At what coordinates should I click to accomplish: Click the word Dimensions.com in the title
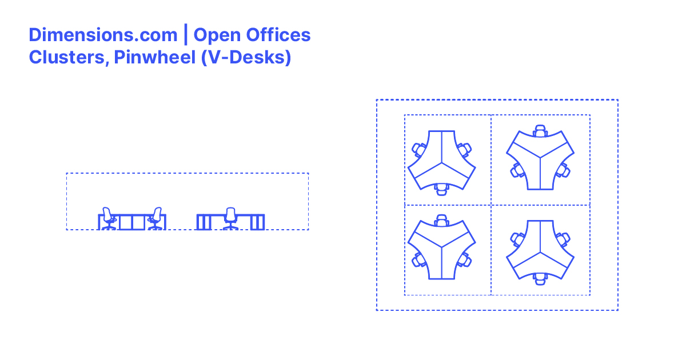tap(103, 35)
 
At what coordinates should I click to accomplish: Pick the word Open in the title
tap(217, 35)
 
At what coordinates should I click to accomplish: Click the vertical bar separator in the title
tap(185, 35)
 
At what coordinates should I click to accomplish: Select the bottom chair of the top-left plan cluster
tap(441, 189)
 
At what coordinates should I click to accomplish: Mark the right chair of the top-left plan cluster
tap(464, 150)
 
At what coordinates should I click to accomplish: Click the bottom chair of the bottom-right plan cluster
tap(540, 278)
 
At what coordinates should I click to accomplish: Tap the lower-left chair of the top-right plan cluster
tap(518, 170)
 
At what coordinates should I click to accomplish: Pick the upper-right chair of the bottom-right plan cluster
tap(563, 239)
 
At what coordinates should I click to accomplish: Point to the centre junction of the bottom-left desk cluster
tap(441, 248)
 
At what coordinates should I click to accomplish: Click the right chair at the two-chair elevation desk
tap(155, 219)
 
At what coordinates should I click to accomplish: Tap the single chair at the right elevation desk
tap(230, 218)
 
